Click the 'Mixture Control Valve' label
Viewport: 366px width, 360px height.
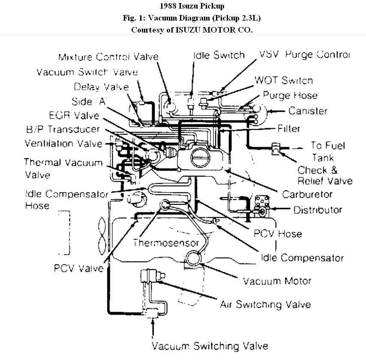[108, 57]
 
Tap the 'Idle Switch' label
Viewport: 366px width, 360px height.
[219, 55]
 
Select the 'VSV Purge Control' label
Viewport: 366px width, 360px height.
[305, 54]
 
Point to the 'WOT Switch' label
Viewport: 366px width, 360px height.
[284, 80]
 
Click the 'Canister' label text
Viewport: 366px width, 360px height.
[308, 111]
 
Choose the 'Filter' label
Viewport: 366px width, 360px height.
[288, 128]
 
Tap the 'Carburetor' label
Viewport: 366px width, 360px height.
[307, 194]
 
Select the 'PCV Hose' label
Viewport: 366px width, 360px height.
[277, 234]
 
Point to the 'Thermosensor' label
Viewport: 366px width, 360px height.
[166, 243]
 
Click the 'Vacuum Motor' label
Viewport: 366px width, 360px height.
[277, 281]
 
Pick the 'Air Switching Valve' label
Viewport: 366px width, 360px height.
[265, 305]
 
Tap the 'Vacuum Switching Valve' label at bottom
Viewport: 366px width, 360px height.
[210, 346]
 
